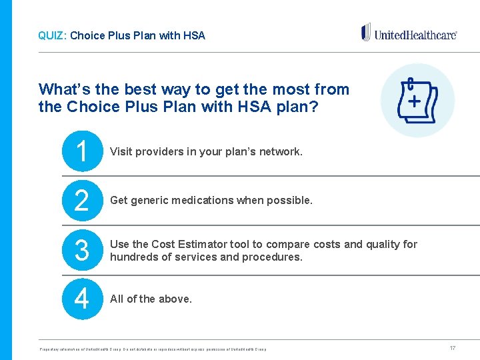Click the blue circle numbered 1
point(81,151)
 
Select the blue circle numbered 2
point(81,201)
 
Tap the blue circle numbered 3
point(81,250)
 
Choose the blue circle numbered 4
point(81,299)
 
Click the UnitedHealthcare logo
point(409,33)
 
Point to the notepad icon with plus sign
point(417,101)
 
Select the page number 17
point(453,348)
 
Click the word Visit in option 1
point(121,152)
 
